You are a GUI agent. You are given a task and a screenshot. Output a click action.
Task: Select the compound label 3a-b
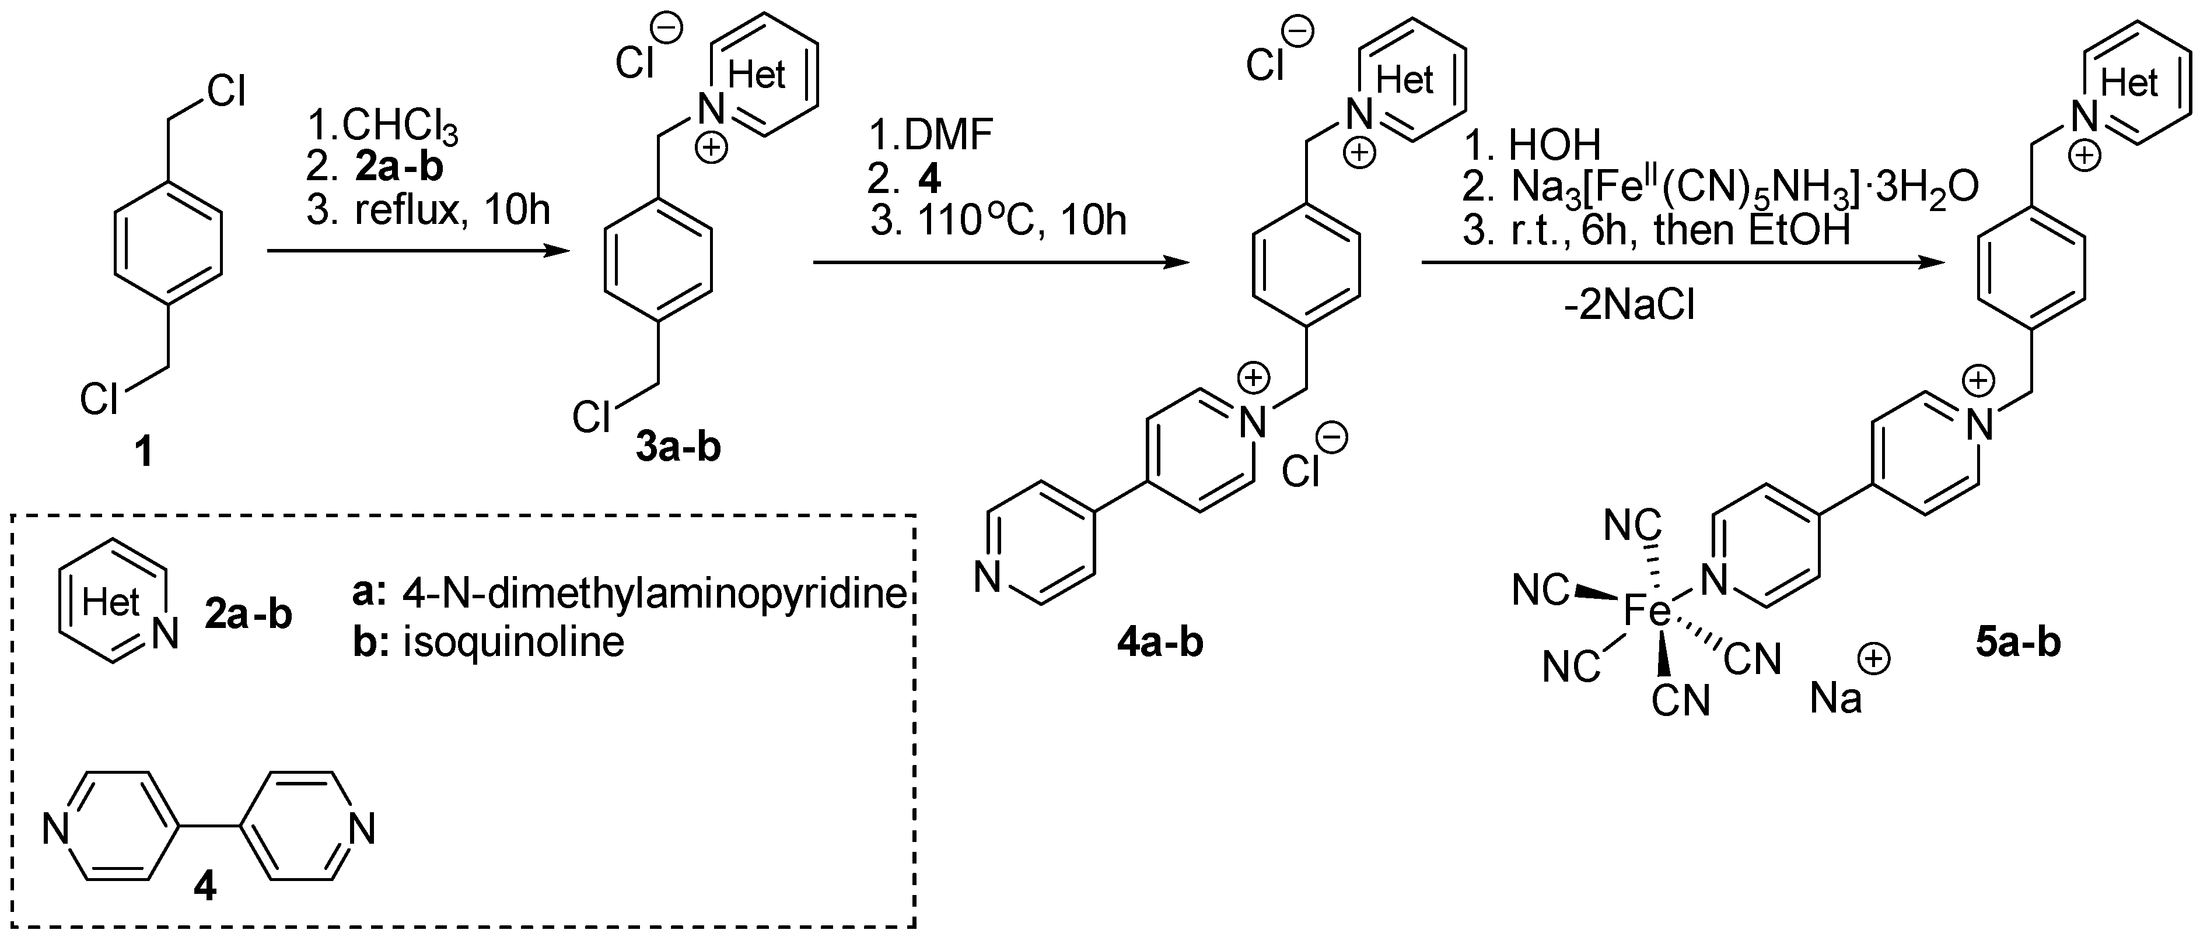(x=678, y=445)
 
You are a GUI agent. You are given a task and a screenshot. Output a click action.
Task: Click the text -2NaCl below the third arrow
(x=1629, y=306)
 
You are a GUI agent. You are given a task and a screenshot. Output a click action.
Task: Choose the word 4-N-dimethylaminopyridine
(x=654, y=592)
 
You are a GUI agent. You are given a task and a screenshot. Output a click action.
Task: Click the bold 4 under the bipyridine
(x=205, y=887)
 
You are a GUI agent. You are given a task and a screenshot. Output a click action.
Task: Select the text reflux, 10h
(x=453, y=210)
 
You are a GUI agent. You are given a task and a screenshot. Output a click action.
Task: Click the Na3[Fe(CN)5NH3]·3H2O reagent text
(x=1742, y=188)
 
